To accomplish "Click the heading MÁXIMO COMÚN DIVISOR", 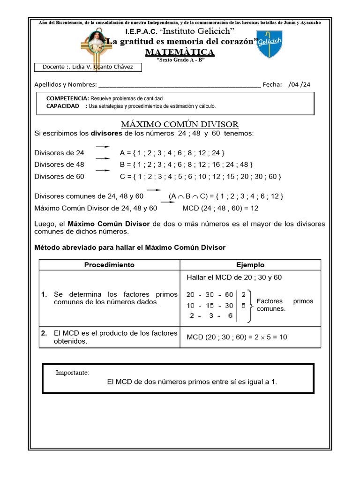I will [180, 124].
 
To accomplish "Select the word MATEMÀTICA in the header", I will [180, 52].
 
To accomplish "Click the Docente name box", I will [88, 67].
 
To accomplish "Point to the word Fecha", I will [272, 84].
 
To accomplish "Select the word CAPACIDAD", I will [63, 106].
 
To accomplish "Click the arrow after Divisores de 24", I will [103, 147].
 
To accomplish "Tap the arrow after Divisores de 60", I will [103, 171].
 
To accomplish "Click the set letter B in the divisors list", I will [123, 165].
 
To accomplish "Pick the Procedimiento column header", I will [109, 265].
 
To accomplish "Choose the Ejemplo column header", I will [250, 265].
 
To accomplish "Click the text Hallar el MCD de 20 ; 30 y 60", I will [234, 277].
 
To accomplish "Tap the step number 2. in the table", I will [45, 333].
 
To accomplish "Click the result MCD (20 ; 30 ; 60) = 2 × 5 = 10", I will [237, 337].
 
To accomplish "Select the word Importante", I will [72, 373].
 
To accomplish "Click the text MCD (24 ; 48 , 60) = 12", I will [220, 208].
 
